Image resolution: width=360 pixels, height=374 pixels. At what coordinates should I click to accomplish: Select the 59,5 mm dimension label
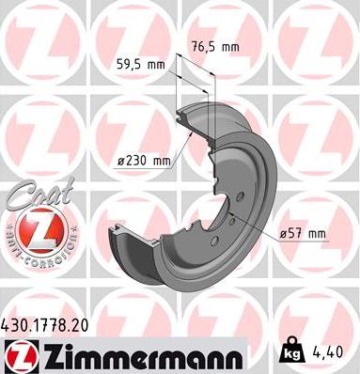click(x=138, y=66)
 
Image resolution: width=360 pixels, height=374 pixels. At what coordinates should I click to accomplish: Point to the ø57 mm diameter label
click(x=305, y=233)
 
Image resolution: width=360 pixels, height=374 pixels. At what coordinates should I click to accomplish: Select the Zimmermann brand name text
click(x=136, y=355)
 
